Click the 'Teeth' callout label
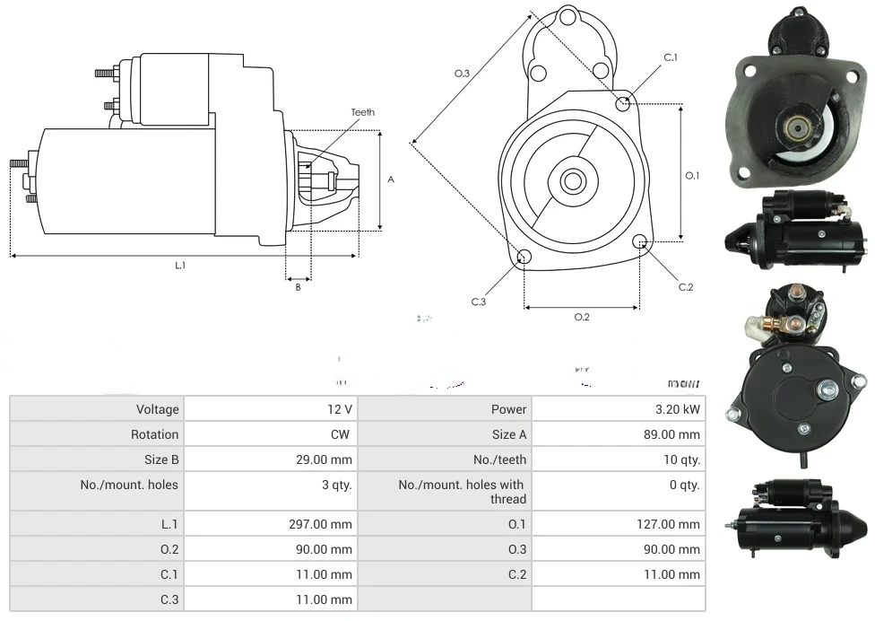coord(363,112)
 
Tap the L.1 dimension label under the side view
coord(180,266)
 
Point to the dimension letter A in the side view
coord(391,179)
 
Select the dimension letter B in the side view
coord(299,287)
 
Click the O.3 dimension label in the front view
coord(463,74)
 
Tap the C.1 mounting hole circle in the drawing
coord(623,104)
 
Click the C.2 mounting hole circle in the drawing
coord(640,242)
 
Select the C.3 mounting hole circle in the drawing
coord(525,258)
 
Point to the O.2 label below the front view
coord(582,317)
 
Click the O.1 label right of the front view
coord(692,176)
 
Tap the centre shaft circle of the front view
coord(572,181)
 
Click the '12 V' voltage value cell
coord(340,409)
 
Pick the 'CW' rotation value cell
coord(342,434)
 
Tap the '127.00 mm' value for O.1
coord(668,524)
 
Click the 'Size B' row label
coord(161,459)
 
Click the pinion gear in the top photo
coord(796,128)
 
